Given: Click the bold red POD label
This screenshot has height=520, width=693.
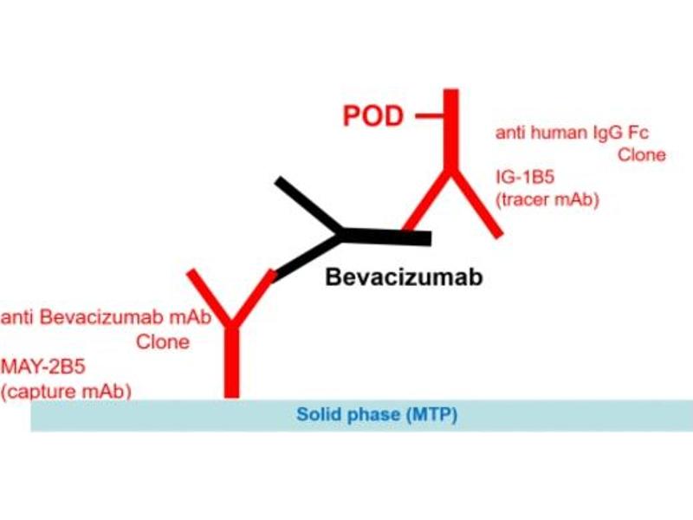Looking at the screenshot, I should (x=373, y=116).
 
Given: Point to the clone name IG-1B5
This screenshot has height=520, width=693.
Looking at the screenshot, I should (x=525, y=179).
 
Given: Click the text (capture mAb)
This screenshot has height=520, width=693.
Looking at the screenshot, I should (x=66, y=391).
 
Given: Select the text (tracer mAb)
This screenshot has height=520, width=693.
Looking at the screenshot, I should (x=547, y=200).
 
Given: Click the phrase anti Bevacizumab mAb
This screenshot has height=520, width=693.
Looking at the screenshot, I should (x=106, y=318).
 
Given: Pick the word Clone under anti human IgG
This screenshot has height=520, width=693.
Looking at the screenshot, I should (x=642, y=155).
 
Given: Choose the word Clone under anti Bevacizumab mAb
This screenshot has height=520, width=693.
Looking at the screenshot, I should (x=162, y=341).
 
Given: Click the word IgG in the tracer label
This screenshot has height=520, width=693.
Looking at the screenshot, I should (x=592, y=133).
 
